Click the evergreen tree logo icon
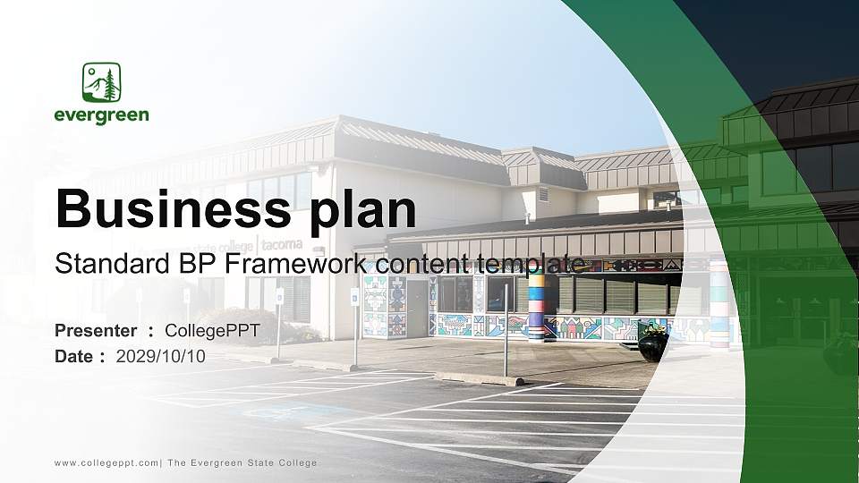pyautogui.click(x=102, y=82)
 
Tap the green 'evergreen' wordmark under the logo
pyautogui.click(x=101, y=115)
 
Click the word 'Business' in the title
pyautogui.click(x=169, y=210)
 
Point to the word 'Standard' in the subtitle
pyautogui.click(x=105, y=264)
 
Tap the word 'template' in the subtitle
pyautogui.click(x=532, y=264)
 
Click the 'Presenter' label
pyautogui.click(x=96, y=332)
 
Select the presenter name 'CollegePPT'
pyautogui.click(x=212, y=332)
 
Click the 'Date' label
pyautogui.click(x=74, y=356)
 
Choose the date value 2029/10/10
pyautogui.click(x=161, y=356)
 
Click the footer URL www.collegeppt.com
pyautogui.click(x=106, y=462)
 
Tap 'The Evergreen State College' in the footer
pyautogui.click(x=242, y=462)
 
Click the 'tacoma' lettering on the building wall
pyautogui.click(x=282, y=244)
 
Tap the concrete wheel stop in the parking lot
pyautogui.click(x=479, y=378)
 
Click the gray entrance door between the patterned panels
pyautogui.click(x=417, y=308)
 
